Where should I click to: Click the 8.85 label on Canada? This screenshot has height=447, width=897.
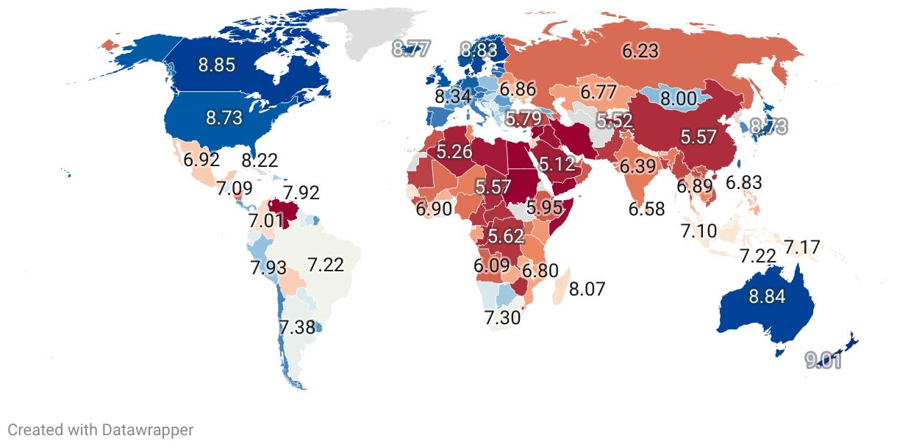pyautogui.click(x=216, y=65)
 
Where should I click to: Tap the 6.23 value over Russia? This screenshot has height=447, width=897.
pyautogui.click(x=640, y=51)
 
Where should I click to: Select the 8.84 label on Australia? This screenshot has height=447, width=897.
pyautogui.click(x=767, y=297)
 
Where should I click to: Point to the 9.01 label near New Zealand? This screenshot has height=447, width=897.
pyautogui.click(x=823, y=361)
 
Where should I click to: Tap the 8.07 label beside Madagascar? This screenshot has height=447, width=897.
pyautogui.click(x=587, y=289)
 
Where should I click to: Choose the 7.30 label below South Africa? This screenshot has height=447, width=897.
pyautogui.click(x=502, y=318)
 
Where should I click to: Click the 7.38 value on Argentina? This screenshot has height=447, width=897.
pyautogui.click(x=297, y=328)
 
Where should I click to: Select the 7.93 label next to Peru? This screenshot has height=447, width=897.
pyautogui.click(x=268, y=268)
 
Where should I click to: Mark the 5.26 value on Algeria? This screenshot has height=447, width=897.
pyautogui.click(x=454, y=152)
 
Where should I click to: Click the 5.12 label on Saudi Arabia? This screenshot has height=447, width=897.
pyautogui.click(x=557, y=164)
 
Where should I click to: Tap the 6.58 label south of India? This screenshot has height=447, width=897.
pyautogui.click(x=646, y=209)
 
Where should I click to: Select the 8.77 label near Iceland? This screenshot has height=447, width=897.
pyautogui.click(x=410, y=49)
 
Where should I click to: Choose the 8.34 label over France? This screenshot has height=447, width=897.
pyautogui.click(x=453, y=96)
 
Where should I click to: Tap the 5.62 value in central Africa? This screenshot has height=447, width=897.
pyautogui.click(x=506, y=237)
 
